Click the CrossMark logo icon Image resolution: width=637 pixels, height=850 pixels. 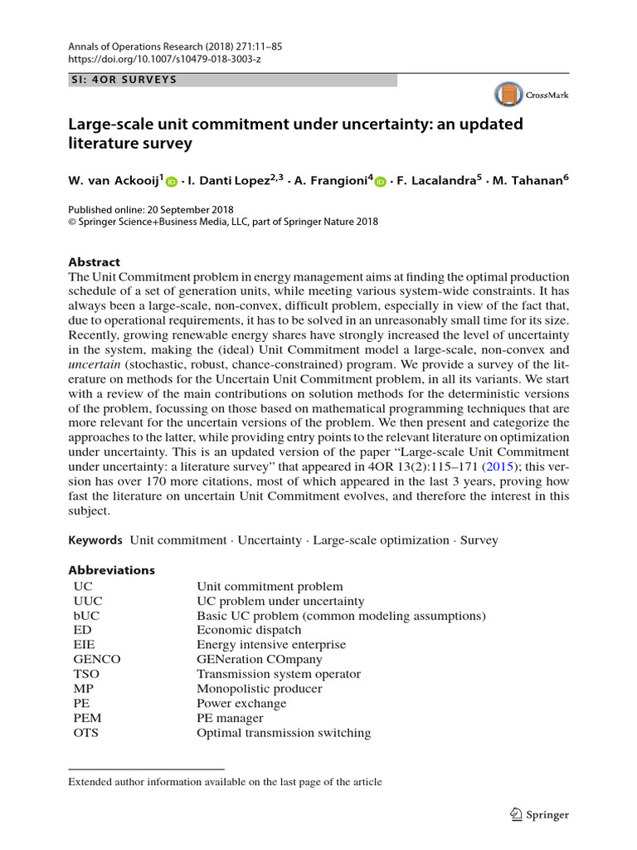point(509,95)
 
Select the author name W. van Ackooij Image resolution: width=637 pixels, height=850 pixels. point(115,180)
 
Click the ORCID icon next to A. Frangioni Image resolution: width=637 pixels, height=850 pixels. point(381,181)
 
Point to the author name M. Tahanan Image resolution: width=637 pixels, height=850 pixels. point(527,180)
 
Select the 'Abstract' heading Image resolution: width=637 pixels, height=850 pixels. point(94,261)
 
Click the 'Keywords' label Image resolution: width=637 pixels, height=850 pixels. point(95,540)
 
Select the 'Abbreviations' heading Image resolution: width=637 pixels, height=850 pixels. point(111,570)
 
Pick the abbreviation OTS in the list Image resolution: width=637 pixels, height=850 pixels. point(87,733)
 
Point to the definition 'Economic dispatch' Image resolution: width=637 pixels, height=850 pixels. point(249,630)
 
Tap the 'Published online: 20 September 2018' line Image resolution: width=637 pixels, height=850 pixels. point(150,209)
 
